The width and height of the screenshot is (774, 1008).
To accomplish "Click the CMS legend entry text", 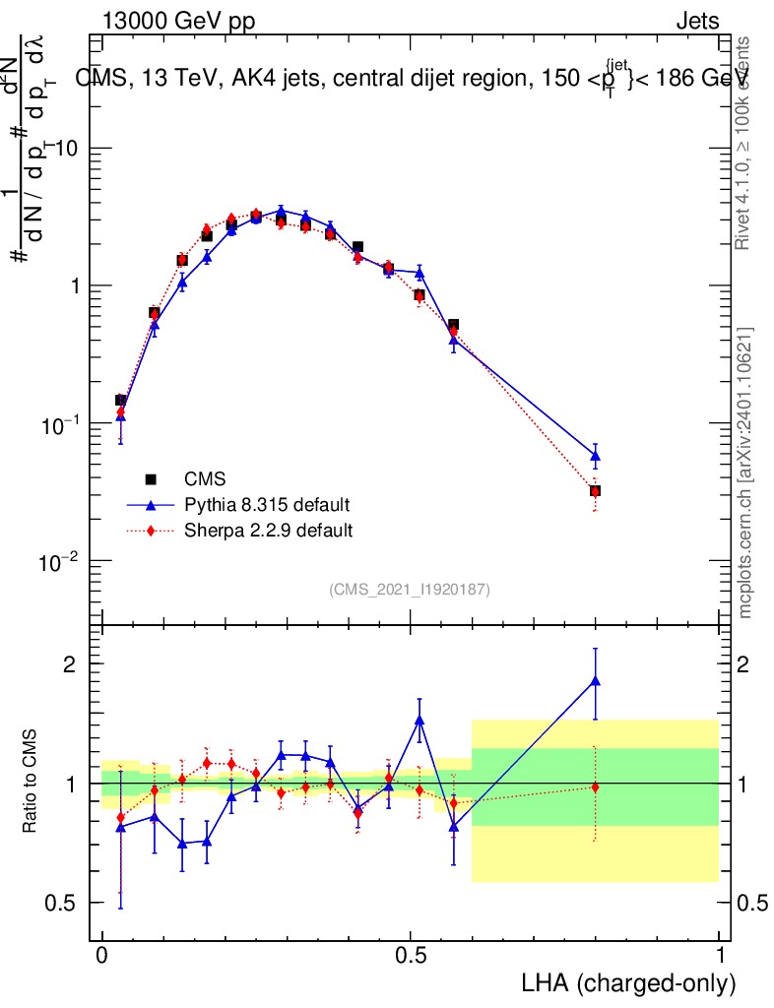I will click(x=205, y=479).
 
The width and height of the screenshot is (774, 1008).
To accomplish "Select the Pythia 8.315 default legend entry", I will click(x=267, y=505).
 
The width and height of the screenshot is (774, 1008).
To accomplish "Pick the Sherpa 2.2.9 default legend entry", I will click(x=269, y=531).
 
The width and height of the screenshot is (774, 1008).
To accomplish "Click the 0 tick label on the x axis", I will click(x=101, y=955).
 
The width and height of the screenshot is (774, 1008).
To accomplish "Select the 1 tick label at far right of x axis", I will click(x=720, y=955).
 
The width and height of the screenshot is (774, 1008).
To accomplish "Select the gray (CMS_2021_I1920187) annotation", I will click(x=410, y=589).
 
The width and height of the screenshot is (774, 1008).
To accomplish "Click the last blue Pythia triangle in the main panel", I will click(x=595, y=456).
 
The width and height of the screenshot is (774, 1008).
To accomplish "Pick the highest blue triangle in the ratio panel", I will click(x=595, y=680).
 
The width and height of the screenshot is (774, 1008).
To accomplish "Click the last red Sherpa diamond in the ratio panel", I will click(x=595, y=787).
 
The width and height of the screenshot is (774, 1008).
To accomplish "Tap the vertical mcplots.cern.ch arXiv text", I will click(x=745, y=472).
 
